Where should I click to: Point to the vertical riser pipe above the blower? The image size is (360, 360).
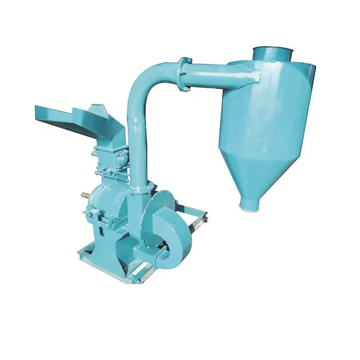(136, 146)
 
